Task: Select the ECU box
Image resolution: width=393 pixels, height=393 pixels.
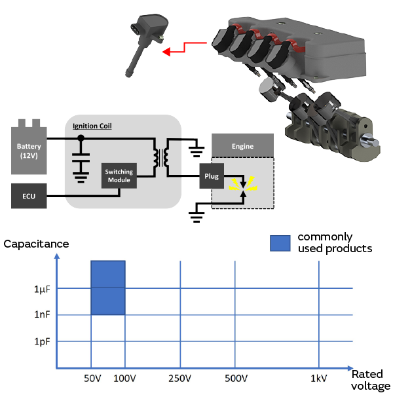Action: (x=28, y=196)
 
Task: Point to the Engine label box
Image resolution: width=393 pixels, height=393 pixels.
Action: (x=242, y=147)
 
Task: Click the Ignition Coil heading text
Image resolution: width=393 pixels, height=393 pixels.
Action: (x=92, y=124)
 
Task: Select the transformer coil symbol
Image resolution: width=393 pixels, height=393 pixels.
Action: (x=160, y=157)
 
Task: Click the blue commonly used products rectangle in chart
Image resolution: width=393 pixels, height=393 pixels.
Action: (x=107, y=288)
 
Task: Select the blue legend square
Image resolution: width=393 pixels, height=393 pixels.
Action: (x=280, y=242)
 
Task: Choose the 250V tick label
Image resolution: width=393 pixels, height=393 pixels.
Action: (x=179, y=379)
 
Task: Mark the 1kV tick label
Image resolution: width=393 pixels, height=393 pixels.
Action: (x=319, y=379)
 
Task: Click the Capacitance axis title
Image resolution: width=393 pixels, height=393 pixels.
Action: (x=36, y=244)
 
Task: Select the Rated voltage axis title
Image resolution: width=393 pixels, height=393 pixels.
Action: (x=371, y=380)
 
